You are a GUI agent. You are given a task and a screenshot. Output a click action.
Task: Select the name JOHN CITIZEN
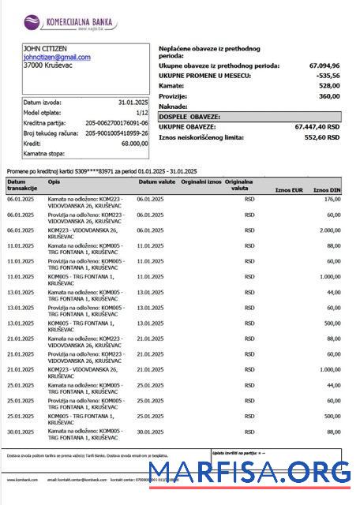point(44,49)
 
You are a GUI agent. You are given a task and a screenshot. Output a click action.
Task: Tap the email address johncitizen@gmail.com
point(57,58)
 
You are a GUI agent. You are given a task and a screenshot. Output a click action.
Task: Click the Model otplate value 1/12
point(139,113)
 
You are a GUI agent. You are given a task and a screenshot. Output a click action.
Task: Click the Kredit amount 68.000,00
point(133,144)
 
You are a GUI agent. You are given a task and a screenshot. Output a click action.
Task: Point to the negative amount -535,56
point(328,76)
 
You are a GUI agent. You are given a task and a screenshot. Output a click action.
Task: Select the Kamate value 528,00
point(328,86)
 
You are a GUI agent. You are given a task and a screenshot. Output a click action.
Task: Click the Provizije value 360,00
point(328,96)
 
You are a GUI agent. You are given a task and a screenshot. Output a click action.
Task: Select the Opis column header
point(54,181)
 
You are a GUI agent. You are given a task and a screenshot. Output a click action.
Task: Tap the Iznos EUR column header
point(288,190)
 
